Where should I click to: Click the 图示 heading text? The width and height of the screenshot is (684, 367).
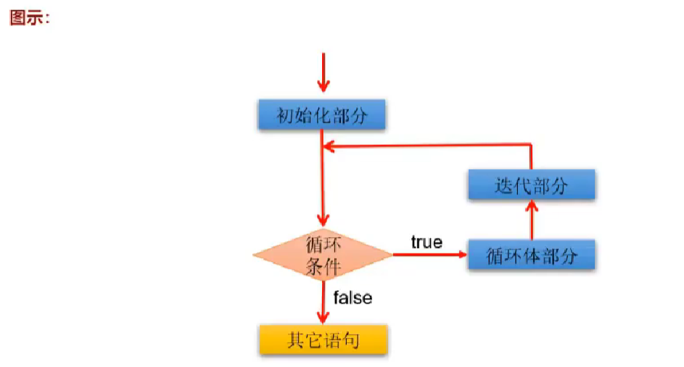(x=28, y=17)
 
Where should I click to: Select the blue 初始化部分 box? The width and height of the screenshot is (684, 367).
(x=322, y=115)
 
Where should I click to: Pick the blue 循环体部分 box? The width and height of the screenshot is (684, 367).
(x=531, y=255)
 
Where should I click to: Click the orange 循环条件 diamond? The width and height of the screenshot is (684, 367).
(x=322, y=255)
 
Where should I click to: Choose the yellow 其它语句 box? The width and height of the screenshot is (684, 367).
(x=323, y=339)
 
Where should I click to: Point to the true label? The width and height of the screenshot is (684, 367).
(x=427, y=242)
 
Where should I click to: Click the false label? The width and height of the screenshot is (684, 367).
(x=353, y=297)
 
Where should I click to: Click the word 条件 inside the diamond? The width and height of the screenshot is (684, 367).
(x=323, y=265)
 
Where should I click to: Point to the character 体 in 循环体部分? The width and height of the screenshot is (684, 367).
(x=532, y=256)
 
